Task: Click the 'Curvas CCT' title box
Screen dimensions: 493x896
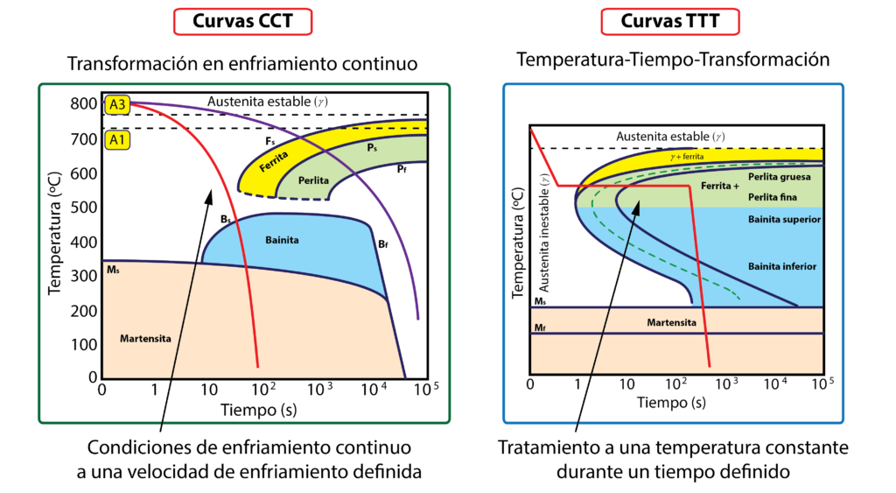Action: click(242, 21)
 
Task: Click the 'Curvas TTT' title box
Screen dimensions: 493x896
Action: click(670, 21)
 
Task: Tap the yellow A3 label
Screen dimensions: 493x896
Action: click(117, 105)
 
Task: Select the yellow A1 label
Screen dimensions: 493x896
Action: click(117, 139)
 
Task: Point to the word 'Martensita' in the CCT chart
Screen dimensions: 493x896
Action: click(144, 337)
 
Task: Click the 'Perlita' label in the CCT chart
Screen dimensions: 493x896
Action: click(313, 180)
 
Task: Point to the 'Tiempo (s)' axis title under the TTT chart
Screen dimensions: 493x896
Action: click(671, 403)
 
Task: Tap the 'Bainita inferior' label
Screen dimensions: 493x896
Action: click(782, 265)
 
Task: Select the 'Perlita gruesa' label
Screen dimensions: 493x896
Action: click(780, 177)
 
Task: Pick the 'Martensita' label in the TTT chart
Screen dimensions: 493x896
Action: click(671, 322)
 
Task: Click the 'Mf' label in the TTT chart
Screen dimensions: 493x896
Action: click(540, 327)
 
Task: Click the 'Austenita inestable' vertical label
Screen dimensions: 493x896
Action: click(543, 232)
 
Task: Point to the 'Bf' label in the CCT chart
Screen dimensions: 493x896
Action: click(383, 244)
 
